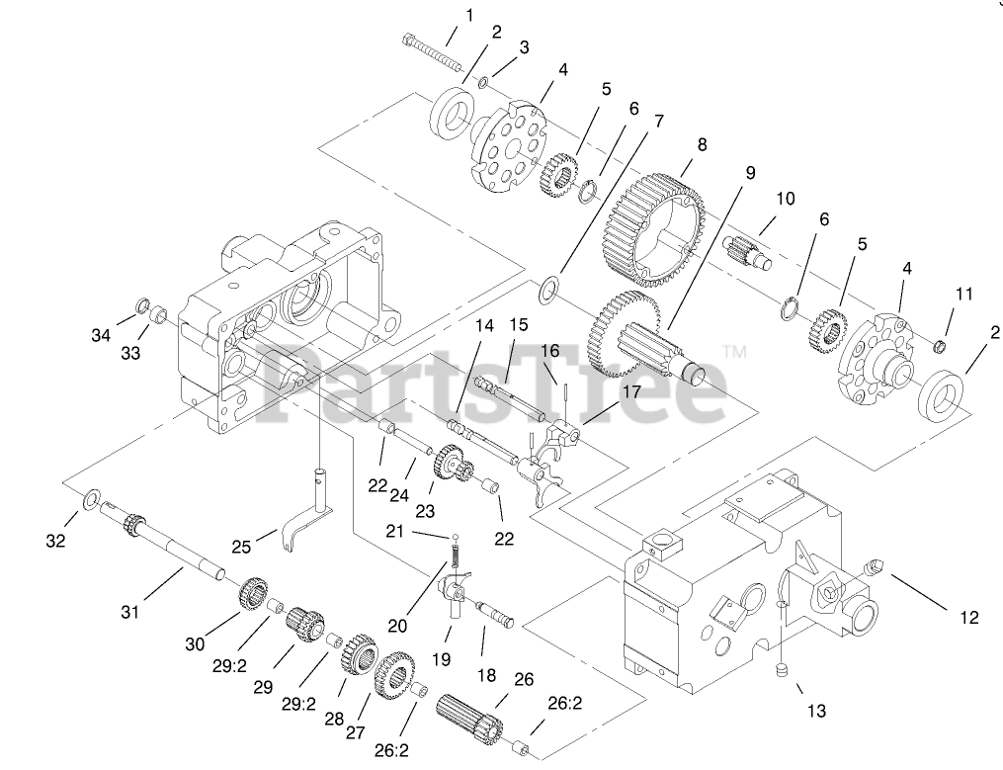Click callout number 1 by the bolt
click(469, 15)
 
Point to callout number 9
click(750, 172)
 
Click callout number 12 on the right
click(968, 618)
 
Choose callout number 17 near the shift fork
click(629, 391)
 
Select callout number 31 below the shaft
click(130, 613)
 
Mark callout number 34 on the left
click(101, 335)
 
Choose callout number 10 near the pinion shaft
click(785, 199)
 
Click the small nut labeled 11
click(942, 344)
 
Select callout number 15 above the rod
click(519, 324)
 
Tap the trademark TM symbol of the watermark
click(734, 351)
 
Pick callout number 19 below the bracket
click(443, 659)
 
